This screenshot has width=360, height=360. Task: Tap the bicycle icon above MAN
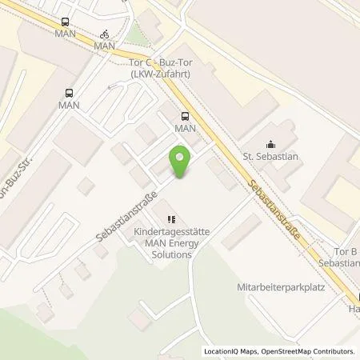tap(105, 34)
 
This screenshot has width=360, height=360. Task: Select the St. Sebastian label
tap(270, 158)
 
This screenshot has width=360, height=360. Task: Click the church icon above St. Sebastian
tap(270, 145)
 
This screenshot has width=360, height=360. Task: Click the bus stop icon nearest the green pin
tap(185, 114)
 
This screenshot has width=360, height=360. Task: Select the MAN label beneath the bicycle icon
tap(105, 46)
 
